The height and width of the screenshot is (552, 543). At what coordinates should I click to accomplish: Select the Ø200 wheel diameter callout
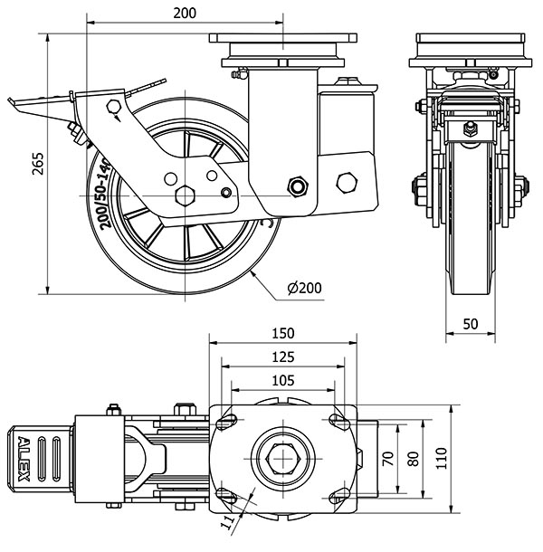pos(304,289)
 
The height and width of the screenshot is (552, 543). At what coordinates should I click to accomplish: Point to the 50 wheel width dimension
pos(471,324)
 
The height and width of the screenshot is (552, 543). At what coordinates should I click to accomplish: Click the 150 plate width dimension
pos(284,332)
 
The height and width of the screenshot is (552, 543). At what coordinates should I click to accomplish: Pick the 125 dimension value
pos(284,357)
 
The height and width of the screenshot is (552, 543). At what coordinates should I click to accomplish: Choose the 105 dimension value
pos(284,380)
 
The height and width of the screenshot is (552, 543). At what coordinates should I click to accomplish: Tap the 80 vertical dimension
pos(414,459)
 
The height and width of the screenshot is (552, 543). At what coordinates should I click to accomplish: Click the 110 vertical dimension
pos(441,459)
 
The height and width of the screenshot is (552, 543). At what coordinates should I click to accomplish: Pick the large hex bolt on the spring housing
pos(344,181)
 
